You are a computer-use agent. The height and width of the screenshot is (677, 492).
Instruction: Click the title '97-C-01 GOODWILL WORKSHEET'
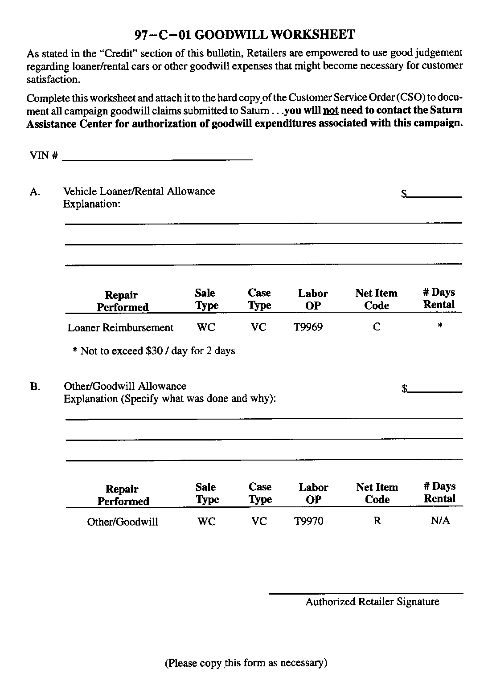(245, 35)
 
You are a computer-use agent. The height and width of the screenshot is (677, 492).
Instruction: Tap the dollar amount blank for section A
(435, 194)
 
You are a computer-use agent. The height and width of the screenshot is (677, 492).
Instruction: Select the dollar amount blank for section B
(435, 389)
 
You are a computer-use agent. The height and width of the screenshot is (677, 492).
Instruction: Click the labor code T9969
(308, 327)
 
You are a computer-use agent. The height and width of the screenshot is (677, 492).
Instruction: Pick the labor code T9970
(308, 521)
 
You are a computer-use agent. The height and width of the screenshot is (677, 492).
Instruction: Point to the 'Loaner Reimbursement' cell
(120, 328)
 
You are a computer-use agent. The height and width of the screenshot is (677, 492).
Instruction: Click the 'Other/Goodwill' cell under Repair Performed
(123, 522)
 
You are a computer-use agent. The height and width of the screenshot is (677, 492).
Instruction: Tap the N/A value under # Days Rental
(440, 521)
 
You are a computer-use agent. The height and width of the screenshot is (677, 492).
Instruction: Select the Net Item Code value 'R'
(377, 521)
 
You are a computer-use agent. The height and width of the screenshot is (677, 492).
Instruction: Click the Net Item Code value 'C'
(377, 327)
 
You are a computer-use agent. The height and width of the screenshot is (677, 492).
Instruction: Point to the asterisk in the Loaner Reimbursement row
(440, 326)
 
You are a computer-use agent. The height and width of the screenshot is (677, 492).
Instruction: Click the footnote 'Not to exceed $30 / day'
(154, 351)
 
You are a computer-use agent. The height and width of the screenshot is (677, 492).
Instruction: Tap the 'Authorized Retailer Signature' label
(372, 602)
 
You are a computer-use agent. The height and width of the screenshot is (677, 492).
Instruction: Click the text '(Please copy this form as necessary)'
(246, 663)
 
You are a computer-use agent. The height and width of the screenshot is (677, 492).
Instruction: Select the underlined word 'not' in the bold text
(330, 110)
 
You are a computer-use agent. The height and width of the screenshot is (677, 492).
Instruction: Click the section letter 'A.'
(35, 192)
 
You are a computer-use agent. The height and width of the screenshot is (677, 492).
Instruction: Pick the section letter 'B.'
(35, 387)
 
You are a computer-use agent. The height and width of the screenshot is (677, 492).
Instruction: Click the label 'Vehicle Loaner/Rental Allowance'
(139, 192)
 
